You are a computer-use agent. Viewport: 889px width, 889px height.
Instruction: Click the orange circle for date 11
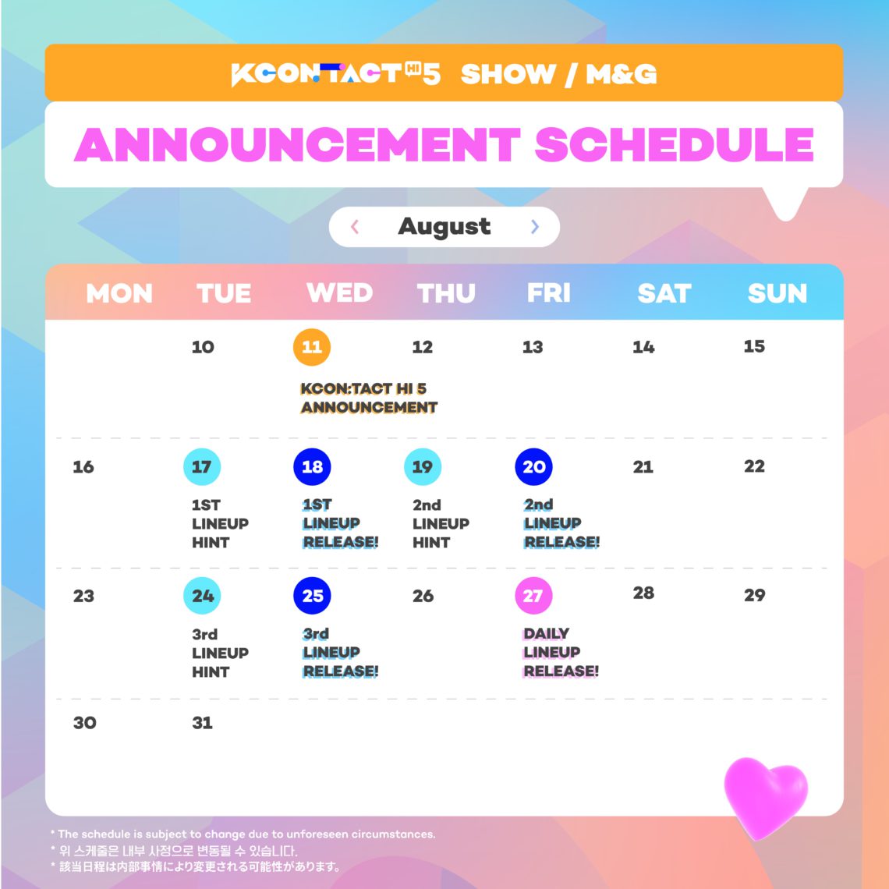[x=312, y=347]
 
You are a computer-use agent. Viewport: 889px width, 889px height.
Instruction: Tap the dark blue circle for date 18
[x=312, y=467]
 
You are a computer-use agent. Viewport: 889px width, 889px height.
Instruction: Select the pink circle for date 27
[x=533, y=597]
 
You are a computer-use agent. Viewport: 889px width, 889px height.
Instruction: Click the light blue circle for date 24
[x=202, y=597]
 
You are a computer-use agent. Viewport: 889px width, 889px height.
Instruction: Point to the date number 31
[x=202, y=723]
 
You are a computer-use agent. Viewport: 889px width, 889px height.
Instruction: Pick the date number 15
[x=754, y=346]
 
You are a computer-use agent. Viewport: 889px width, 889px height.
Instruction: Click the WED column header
[x=339, y=293]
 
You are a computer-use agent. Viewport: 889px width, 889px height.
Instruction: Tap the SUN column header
[x=777, y=293]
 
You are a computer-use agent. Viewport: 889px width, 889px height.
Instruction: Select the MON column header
[x=119, y=293]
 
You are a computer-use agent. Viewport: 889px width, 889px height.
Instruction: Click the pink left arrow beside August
[x=355, y=227]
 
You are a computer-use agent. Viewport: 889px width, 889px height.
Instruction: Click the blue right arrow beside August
[x=534, y=227]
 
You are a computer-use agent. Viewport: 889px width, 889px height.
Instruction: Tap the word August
[x=444, y=227]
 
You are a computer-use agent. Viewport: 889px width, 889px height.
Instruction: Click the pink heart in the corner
[x=765, y=795]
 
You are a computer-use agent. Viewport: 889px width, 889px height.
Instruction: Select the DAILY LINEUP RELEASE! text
[x=561, y=653]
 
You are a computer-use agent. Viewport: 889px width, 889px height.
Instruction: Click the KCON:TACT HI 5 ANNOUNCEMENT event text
[x=368, y=398]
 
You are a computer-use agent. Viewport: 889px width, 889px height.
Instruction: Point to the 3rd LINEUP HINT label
[x=220, y=653]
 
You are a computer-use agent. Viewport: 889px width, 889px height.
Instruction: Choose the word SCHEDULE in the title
[x=675, y=144]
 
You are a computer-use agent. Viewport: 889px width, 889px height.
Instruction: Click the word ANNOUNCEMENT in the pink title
[x=297, y=144]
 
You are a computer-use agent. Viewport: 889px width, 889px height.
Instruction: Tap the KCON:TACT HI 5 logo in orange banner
[x=336, y=74]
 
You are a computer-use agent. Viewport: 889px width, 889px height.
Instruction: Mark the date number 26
[x=423, y=597]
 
